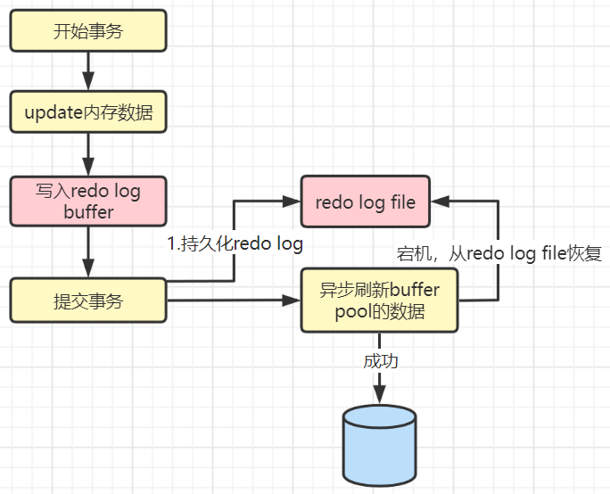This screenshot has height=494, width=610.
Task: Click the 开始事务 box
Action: (87, 32)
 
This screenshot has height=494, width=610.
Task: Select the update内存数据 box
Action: (87, 112)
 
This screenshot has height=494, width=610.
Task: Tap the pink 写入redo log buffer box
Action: (87, 202)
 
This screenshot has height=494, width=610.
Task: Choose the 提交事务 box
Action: (87, 301)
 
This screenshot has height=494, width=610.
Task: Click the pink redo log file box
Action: (365, 202)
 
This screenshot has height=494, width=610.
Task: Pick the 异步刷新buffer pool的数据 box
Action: (379, 301)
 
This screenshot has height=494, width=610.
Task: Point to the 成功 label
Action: (380, 362)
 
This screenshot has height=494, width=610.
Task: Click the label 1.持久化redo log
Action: (235, 243)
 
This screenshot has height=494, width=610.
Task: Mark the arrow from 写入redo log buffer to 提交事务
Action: (87, 251)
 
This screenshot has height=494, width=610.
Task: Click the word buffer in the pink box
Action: (88, 212)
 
